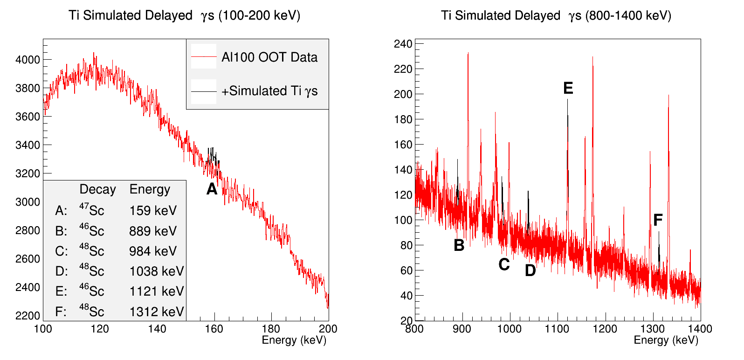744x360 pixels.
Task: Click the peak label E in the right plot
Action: click(568, 88)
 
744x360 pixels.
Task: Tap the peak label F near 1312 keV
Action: click(658, 220)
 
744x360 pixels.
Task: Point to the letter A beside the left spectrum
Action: click(212, 189)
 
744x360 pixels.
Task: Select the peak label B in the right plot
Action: click(459, 245)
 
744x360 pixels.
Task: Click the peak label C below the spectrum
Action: click(504, 264)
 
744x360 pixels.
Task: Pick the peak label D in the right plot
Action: click(530, 270)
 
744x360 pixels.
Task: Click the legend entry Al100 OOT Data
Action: click(269, 57)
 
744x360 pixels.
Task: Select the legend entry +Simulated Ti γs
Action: click(269, 91)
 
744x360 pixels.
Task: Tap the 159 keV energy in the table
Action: click(153, 211)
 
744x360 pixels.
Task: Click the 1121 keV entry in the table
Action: click(157, 291)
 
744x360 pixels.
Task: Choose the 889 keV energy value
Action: click(153, 231)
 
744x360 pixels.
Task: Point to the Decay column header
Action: click(97, 189)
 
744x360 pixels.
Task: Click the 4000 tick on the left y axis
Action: click(28, 60)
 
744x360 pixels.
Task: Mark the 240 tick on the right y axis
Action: click(403, 44)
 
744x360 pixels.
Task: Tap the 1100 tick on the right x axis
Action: click(557, 329)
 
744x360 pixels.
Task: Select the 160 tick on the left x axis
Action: click(214, 329)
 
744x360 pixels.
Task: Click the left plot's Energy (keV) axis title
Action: click(294, 340)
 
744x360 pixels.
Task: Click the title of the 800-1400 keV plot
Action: click(556, 15)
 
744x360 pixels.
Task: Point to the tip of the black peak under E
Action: click(567, 99)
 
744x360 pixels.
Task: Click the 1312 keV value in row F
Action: click(157, 312)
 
